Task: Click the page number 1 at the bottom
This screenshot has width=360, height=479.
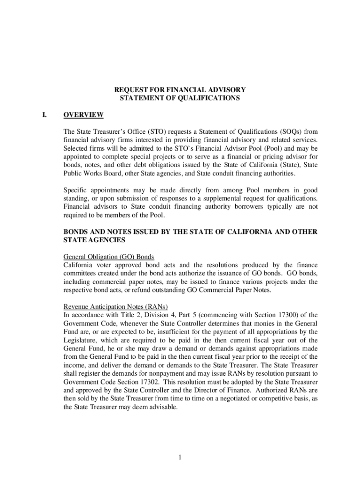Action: pyautogui.click(x=179, y=457)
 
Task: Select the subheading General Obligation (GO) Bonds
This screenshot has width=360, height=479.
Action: pyautogui.click(x=109, y=257)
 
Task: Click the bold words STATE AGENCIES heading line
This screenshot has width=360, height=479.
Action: pyautogui.click(x=94, y=240)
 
